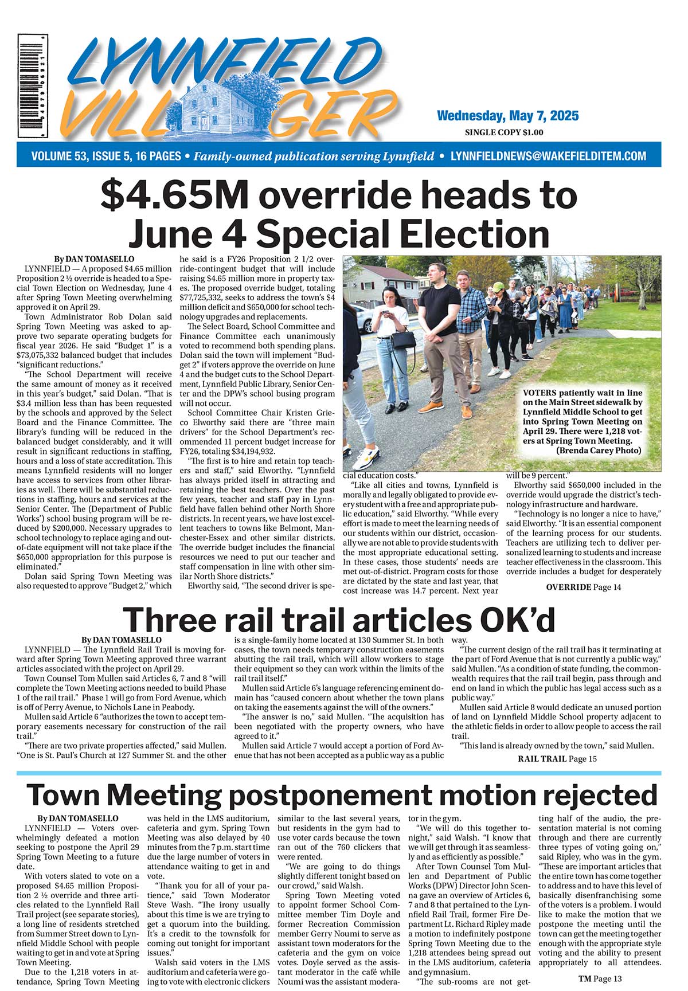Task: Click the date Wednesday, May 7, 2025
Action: pos(507,116)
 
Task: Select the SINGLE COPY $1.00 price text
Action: pos(504,132)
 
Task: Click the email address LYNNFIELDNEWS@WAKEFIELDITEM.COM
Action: pos(549,156)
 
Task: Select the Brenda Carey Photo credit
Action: pos(599,451)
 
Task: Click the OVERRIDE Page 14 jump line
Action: pos(583,587)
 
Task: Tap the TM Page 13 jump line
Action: pos(600,978)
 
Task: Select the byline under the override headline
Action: pos(94,259)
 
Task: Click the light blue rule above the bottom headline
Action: pos(338,773)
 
